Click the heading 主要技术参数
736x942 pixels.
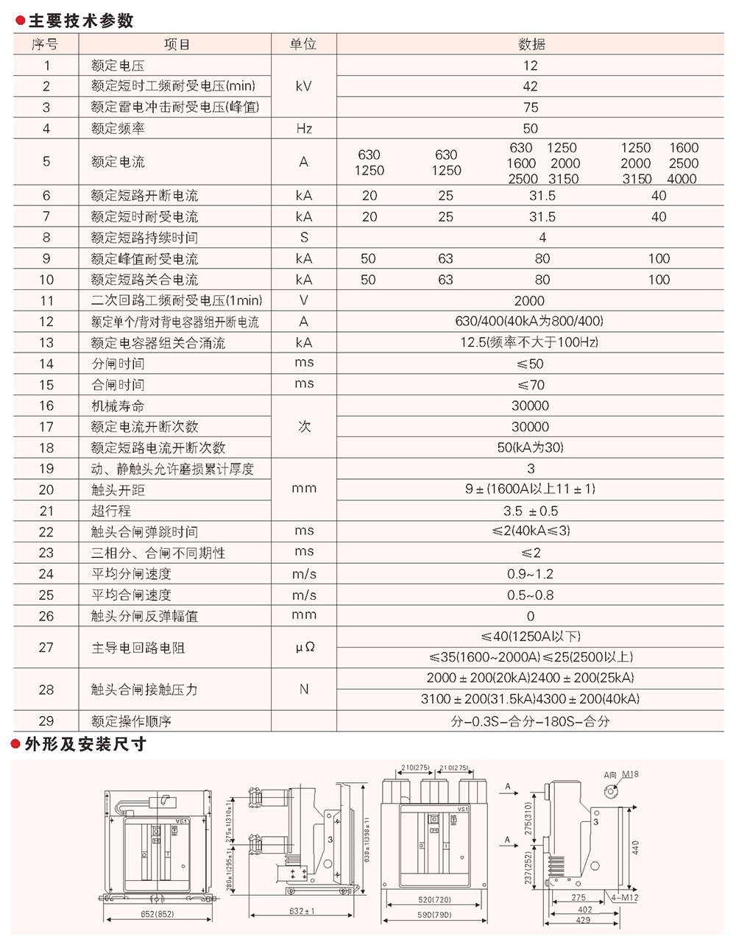80,21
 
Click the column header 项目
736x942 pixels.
177,44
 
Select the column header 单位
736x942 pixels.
303,44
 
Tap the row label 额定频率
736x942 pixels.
118,129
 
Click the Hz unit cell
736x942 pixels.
304,129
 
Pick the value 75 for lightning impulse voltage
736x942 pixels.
531,107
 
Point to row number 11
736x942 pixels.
46,301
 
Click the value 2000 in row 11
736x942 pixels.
529,301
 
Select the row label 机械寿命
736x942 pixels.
118,406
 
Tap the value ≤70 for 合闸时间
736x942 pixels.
531,385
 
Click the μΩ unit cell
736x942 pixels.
304,648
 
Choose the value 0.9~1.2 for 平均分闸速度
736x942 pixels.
531,574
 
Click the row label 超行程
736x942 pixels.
111,511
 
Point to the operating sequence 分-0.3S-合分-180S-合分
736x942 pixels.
531,722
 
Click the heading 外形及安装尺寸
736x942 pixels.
85,745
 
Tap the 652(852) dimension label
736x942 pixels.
158,914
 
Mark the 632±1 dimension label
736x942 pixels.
302,911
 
